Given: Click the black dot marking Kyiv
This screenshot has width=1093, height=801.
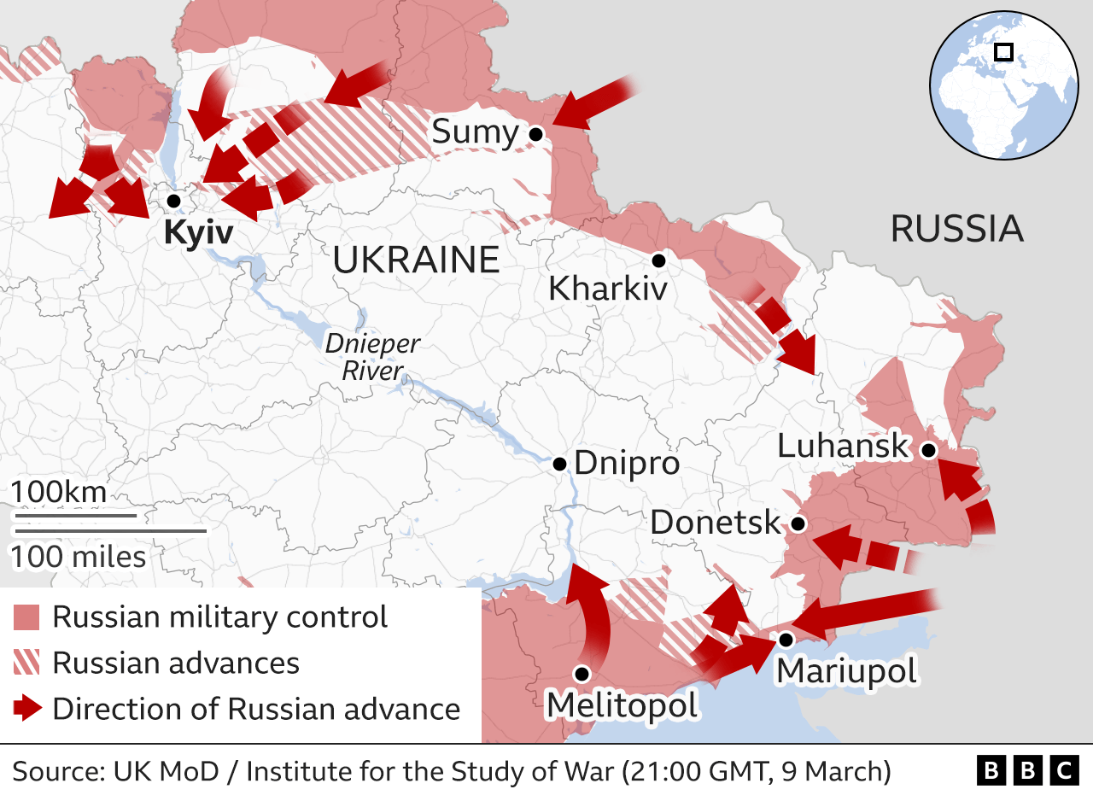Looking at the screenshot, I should [x=174, y=201].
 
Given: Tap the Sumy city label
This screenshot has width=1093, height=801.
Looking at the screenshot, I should [x=475, y=132].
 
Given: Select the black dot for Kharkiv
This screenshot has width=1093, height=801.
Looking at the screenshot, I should [x=658, y=260].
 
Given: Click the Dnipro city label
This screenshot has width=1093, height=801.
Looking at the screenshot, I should [x=627, y=464].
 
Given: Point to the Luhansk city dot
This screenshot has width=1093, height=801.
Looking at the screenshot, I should [x=928, y=449].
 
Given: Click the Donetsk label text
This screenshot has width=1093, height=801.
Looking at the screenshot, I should [x=715, y=523].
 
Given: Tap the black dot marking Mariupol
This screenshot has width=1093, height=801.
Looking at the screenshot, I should [x=786, y=639].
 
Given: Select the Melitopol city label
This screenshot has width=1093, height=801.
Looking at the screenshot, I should [x=622, y=705].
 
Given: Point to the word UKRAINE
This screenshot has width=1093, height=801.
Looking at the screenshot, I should [x=416, y=260].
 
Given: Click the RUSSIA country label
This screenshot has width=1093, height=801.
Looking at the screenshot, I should [x=956, y=229].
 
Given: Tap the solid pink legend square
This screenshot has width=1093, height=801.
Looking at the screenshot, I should [x=27, y=617].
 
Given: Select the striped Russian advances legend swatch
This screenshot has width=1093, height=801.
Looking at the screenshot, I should [x=27, y=664].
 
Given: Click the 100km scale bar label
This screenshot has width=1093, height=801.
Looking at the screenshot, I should [x=59, y=493].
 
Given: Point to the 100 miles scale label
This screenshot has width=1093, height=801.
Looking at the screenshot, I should [x=78, y=557].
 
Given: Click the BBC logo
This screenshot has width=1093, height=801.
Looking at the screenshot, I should [x=1027, y=772].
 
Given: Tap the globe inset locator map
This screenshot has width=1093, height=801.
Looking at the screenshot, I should [x=1003, y=85].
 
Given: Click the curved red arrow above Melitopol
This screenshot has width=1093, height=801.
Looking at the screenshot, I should [x=595, y=615].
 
